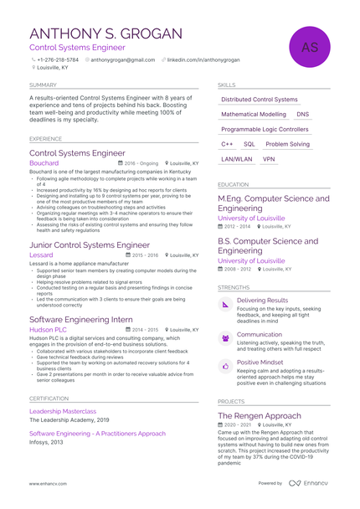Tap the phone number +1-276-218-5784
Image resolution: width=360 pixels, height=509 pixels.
pos(58,60)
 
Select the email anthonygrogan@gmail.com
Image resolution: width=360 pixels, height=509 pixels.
pos(123,60)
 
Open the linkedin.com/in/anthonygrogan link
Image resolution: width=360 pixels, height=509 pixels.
pos(203,60)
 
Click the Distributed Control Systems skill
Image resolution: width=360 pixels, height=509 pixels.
pos(260,100)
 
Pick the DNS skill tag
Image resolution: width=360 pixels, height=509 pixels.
pos(302,114)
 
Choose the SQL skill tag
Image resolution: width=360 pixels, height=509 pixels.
pos(249,144)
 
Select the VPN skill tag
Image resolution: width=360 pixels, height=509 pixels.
pos(269,159)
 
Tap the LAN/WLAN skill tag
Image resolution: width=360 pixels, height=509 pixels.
pos(237,159)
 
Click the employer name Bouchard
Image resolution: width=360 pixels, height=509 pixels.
pos(44,163)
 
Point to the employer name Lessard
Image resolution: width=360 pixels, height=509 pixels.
pos(41,254)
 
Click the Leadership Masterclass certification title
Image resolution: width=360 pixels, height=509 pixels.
pos(63,411)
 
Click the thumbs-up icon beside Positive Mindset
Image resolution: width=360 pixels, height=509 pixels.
pos(225,367)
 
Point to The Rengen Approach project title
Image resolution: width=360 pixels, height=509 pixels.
pos(260,415)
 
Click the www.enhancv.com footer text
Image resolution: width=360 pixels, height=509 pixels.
pos(48,484)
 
